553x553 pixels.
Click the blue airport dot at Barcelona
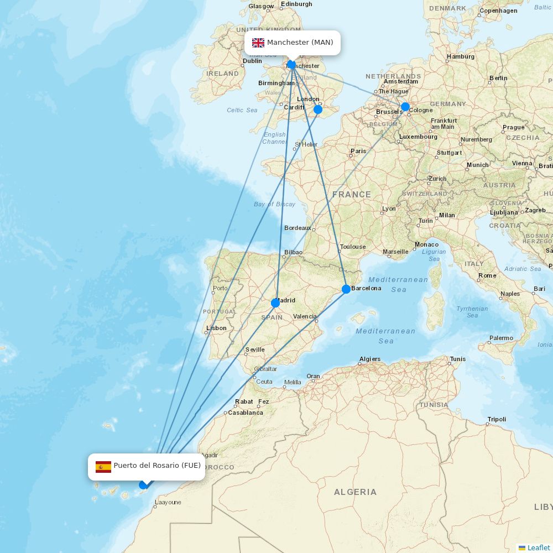(346, 289)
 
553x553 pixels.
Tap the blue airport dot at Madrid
(275, 302)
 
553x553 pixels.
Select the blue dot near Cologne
(405, 107)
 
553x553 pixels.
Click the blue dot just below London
(318, 109)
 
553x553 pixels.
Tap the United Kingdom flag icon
(258, 43)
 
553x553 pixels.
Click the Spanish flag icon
(103, 466)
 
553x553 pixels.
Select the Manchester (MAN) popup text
(300, 43)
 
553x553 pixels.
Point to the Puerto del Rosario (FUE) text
(157, 466)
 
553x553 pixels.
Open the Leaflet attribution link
(539, 547)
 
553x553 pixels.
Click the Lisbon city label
(216, 328)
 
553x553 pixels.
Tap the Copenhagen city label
(498, 11)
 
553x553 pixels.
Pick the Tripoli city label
(497, 419)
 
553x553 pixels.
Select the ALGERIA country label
(355, 492)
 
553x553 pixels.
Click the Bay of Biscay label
(274, 204)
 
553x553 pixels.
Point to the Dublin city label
(252, 61)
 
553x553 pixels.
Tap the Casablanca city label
(246, 413)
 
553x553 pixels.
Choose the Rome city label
(487, 275)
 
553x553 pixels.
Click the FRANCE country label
(352, 195)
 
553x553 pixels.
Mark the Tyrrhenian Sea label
(472, 312)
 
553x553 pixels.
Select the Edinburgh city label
(296, 4)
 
